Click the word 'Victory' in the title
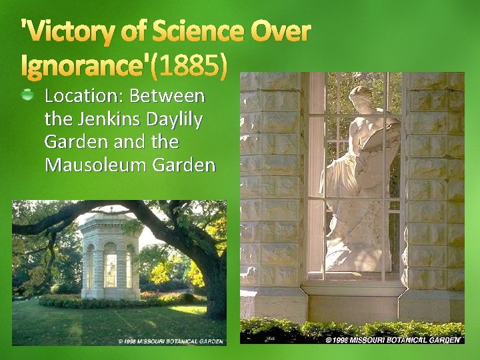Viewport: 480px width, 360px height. coord(64,31)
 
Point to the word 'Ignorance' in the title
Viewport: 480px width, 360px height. coord(87,65)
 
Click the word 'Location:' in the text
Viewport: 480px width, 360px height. coord(84,96)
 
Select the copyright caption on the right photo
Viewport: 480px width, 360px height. coord(393,339)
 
